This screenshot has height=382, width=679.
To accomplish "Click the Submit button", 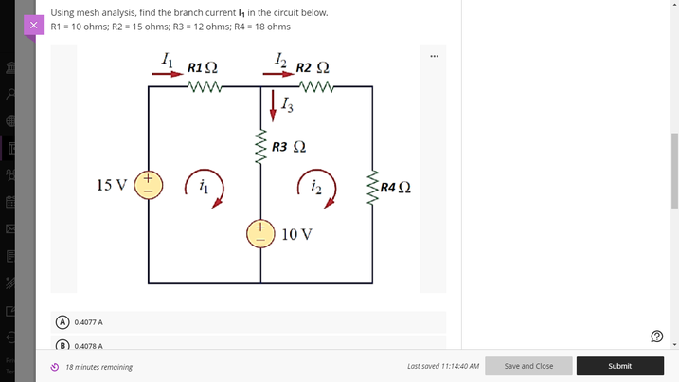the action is click(x=619, y=366).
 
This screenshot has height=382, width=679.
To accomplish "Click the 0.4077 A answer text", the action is click(x=88, y=322).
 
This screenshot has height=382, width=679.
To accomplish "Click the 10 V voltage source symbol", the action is click(x=260, y=233).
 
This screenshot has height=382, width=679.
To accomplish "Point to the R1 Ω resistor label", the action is click(x=203, y=68).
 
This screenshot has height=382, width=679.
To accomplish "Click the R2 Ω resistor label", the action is click(x=313, y=68).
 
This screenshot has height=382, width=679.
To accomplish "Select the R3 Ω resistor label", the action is click(x=288, y=147).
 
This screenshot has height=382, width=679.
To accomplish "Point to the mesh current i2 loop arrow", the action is click(x=314, y=188).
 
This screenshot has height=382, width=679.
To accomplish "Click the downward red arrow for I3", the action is click(x=274, y=102).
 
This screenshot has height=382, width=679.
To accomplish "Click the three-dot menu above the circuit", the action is click(x=434, y=56).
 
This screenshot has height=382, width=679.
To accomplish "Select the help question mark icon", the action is click(x=657, y=336).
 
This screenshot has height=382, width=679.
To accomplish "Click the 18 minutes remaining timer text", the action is click(x=98, y=367).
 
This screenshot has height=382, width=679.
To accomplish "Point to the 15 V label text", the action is click(x=113, y=184).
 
